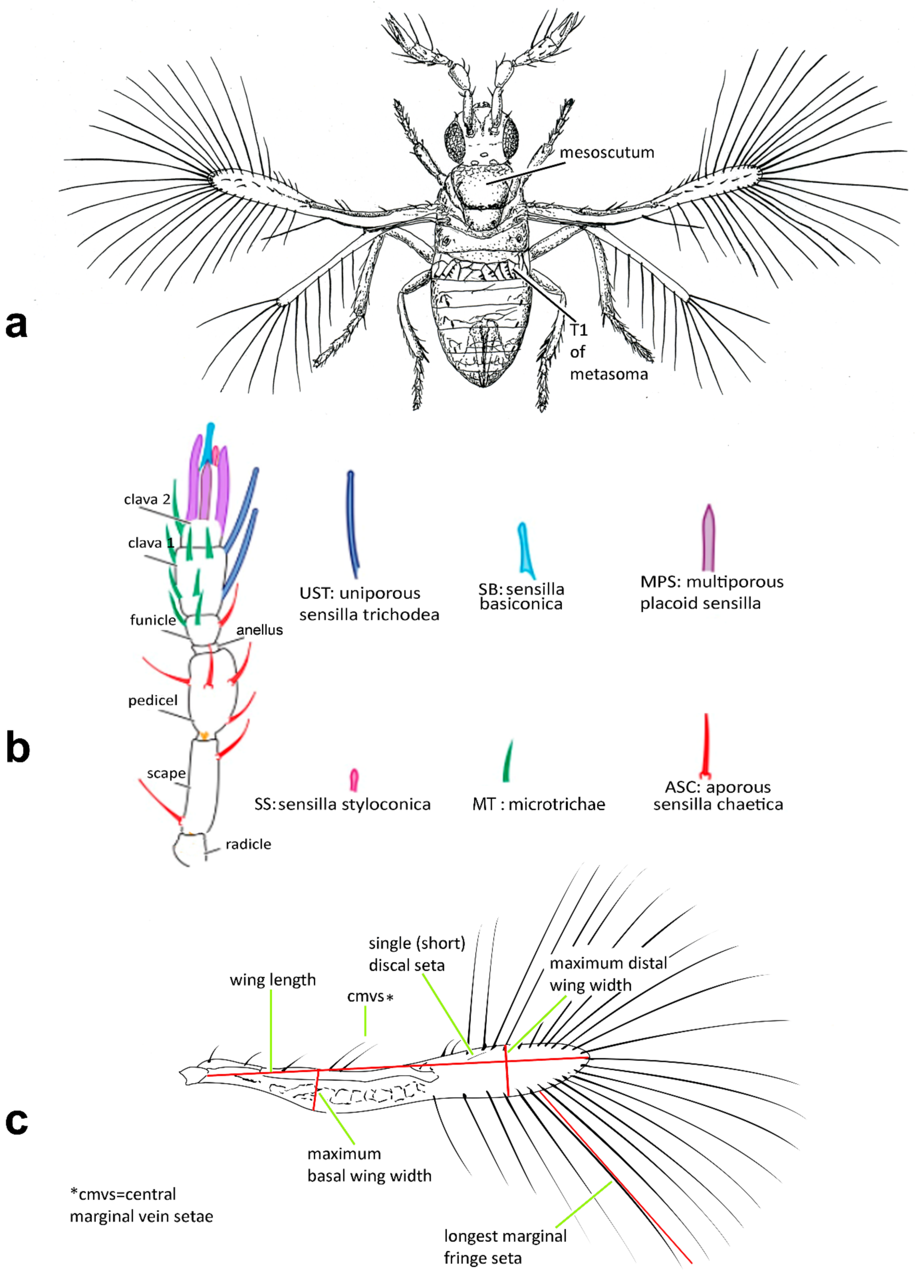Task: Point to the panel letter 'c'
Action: [x=17, y=1121]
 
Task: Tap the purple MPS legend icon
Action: [x=708, y=538]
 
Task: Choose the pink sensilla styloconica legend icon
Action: [x=354, y=779]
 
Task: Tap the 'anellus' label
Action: [x=260, y=630]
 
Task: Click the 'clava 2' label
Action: [x=147, y=499]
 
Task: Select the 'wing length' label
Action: [x=273, y=980]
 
